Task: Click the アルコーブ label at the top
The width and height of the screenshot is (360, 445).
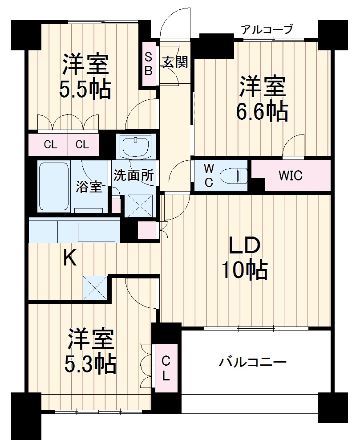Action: point(267,30)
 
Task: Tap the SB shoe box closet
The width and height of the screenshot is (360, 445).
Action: point(149,64)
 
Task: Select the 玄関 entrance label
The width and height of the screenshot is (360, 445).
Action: point(174,62)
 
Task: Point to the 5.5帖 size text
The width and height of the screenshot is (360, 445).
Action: point(85,89)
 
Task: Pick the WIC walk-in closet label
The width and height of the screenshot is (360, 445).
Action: point(290,176)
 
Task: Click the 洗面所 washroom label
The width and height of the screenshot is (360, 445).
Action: point(133,175)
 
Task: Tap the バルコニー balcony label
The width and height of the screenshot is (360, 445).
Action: point(252,362)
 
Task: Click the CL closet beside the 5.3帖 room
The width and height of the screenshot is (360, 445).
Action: point(166,368)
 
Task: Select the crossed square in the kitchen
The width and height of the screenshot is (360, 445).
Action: point(95,288)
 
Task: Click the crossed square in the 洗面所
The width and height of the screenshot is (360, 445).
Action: point(140,206)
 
